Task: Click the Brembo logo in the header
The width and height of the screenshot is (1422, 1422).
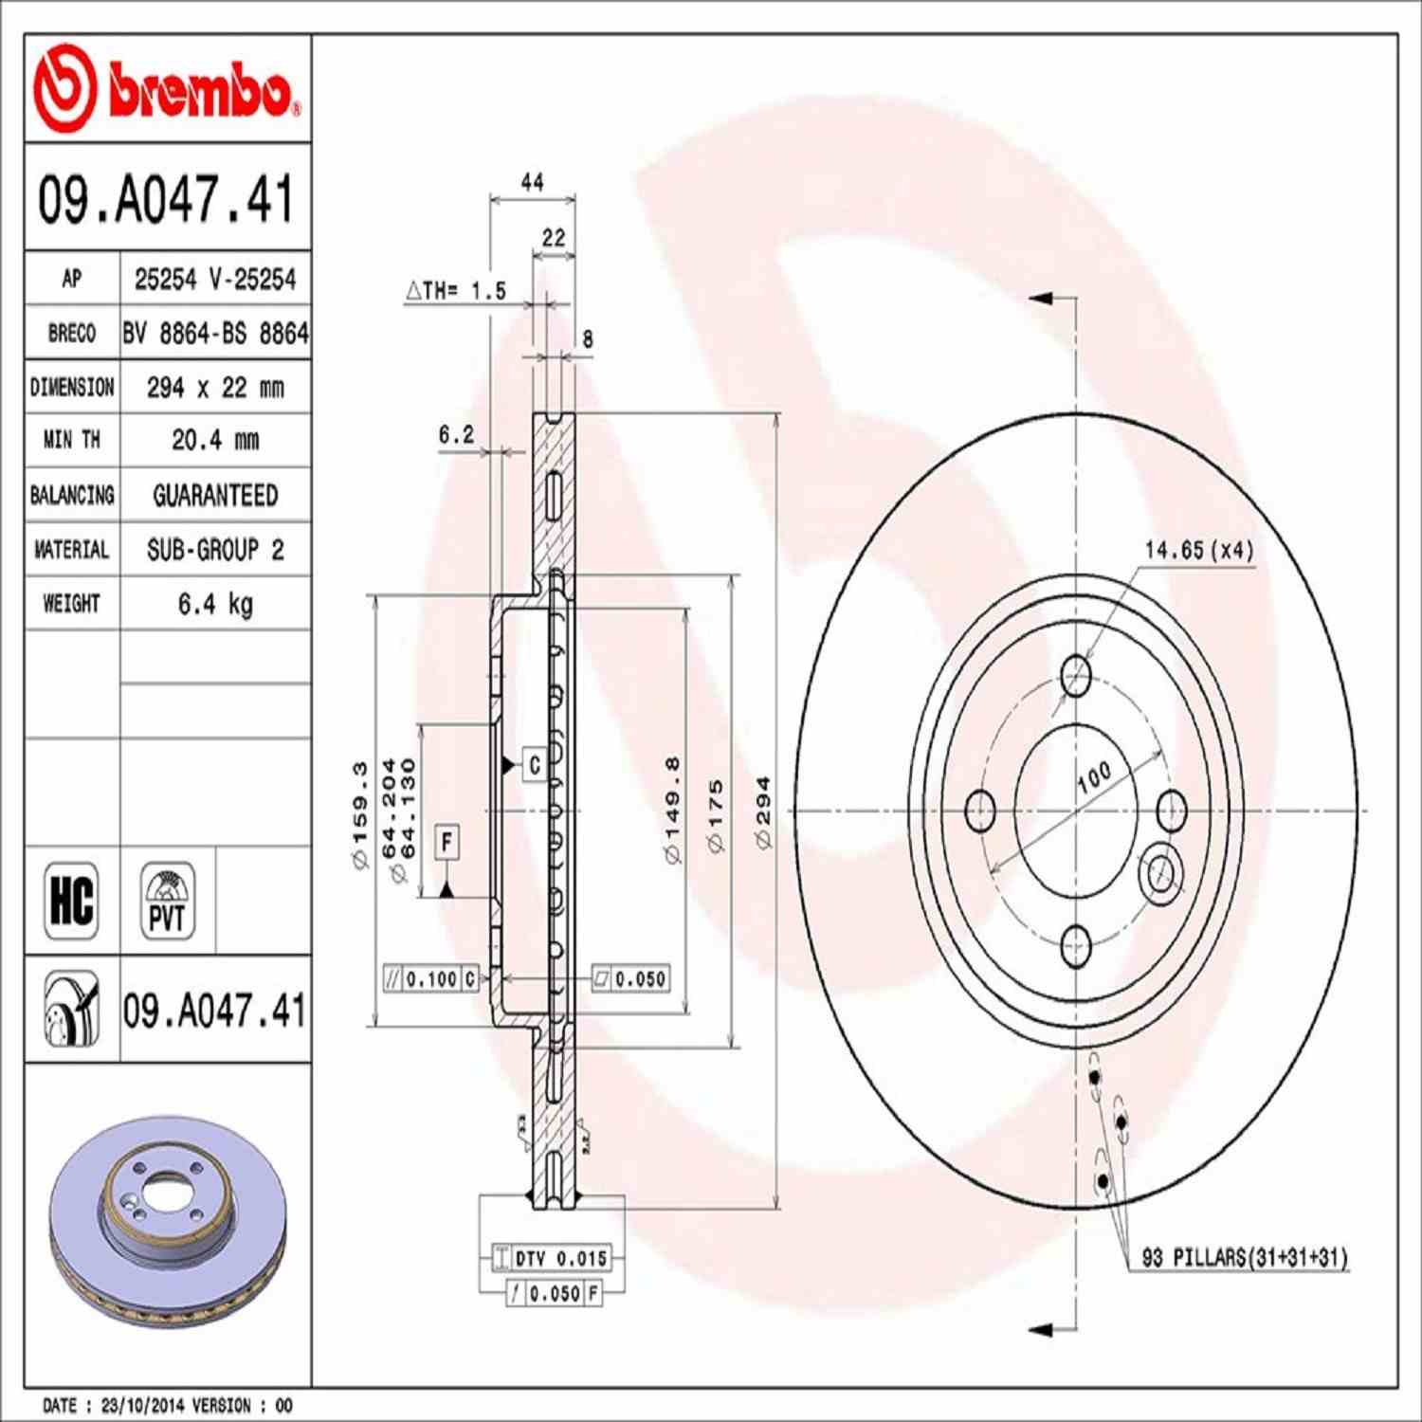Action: coord(167,88)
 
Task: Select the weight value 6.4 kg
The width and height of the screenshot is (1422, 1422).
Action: coord(215,604)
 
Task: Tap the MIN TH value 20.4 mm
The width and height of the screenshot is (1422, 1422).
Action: coord(215,440)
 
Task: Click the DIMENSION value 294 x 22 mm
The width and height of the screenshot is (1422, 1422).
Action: coord(215,388)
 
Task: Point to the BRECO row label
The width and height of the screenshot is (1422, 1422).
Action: coord(72,334)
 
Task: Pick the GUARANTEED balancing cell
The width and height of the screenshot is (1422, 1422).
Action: coord(215,495)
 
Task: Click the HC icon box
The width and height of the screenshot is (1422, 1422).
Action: coord(71,900)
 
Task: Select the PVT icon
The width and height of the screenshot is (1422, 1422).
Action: coord(168,900)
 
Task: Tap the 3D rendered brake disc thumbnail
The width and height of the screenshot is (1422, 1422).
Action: coord(167,1218)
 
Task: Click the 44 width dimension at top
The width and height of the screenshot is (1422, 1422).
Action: coord(533,182)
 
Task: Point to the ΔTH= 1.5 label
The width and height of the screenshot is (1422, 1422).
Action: coord(457,291)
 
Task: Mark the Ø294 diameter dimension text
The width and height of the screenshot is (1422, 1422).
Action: coord(762,812)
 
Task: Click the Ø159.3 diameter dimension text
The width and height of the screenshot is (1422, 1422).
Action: coord(359,815)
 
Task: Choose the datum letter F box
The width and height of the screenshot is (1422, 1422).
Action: coord(447,841)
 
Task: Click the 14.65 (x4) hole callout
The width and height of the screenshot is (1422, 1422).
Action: coord(1198,550)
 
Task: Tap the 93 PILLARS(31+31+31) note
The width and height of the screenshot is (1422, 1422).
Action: coord(1244,1258)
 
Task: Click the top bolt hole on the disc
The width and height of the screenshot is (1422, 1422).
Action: coord(1076,676)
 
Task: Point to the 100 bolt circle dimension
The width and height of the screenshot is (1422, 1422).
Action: coord(1094,777)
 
